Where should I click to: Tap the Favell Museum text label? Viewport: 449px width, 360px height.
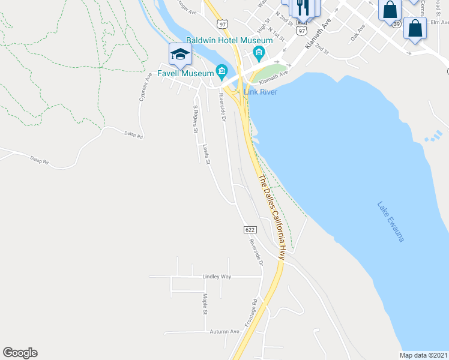click(185, 73)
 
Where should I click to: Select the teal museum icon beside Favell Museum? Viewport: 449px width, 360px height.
click(221, 73)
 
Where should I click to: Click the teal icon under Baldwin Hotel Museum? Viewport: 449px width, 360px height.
click(259, 54)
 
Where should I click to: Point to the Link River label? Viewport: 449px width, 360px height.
click(260, 91)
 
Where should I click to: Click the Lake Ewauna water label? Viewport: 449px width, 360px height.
click(391, 221)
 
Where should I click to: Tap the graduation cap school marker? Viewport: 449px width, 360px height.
click(180, 55)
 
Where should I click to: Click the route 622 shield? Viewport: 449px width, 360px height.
click(251, 230)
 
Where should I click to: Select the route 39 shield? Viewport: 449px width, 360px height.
click(396, 24)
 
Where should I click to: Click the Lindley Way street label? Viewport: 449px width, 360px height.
click(217, 277)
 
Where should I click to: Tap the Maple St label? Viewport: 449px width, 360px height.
click(205, 304)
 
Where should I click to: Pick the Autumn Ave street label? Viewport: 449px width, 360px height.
click(224, 331)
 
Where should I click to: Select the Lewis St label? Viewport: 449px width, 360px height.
click(207, 154)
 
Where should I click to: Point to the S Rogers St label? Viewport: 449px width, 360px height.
click(195, 120)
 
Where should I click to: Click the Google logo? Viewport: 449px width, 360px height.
click(20, 353)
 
